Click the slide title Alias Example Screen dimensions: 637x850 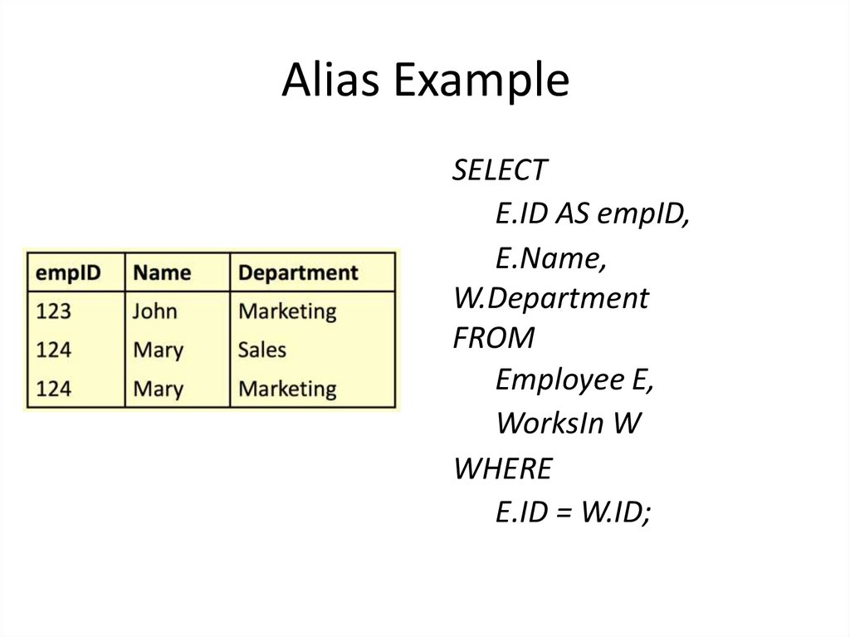(x=425, y=81)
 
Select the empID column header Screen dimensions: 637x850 (x=66, y=272)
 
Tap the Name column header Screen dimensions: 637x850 (x=162, y=272)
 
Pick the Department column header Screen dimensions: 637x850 (x=298, y=272)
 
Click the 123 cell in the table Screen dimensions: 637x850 (x=53, y=311)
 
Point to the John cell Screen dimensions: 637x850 (x=155, y=311)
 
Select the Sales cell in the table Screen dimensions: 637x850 (x=261, y=350)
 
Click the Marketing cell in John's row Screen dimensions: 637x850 (x=287, y=311)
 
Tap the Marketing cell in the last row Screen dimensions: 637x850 (x=287, y=388)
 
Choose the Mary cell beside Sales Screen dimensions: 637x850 (x=158, y=350)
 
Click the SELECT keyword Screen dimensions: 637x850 (x=500, y=170)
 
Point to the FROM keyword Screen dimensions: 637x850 (x=494, y=338)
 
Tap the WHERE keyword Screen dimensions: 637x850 (x=502, y=469)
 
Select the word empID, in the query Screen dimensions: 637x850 (x=644, y=214)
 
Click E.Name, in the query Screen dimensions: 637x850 (x=550, y=258)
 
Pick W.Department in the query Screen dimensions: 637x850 (x=551, y=297)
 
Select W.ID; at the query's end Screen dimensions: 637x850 (x=615, y=513)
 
